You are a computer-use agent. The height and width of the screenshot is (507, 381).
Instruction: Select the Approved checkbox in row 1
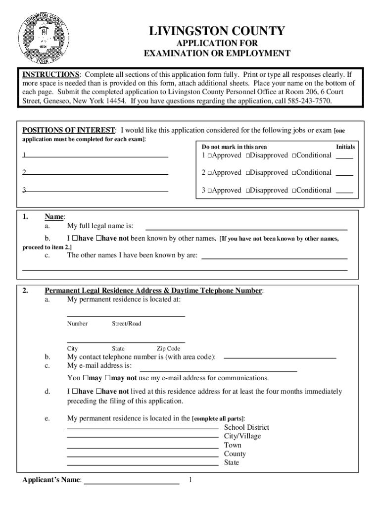tap(210, 155)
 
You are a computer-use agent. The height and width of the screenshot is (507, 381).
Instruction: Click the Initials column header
tap(345, 147)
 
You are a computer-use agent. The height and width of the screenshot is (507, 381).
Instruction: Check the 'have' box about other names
tap(74, 239)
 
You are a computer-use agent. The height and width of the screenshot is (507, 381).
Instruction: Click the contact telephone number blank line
tap(280, 357)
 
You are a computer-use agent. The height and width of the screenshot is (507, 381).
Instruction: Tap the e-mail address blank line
tap(218, 370)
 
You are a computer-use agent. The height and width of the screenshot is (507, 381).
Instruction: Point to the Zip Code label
tap(168, 349)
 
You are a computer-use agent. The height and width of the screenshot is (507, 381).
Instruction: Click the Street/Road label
tap(126, 323)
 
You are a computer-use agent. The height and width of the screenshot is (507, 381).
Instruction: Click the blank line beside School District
tap(143, 427)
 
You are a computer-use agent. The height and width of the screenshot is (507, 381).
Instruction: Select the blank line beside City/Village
tap(143, 436)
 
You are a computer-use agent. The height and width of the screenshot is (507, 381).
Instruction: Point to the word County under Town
tap(235, 454)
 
